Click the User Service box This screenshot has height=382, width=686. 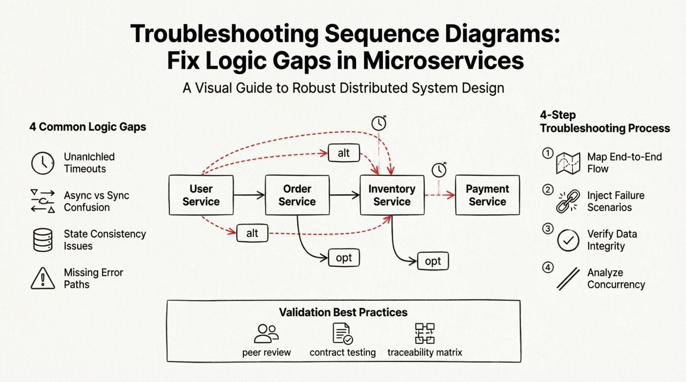[x=201, y=195]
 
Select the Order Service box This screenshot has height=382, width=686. [x=297, y=195]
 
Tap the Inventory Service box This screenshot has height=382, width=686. [x=392, y=195]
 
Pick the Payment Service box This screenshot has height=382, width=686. [x=487, y=195]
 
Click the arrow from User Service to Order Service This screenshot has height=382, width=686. [x=249, y=195]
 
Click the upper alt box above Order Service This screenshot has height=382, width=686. [x=344, y=153]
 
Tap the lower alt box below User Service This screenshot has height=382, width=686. [x=252, y=233]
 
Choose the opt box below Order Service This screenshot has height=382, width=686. [x=344, y=258]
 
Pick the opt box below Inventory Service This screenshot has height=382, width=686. [x=433, y=261]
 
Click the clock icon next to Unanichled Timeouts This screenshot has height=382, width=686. [x=43, y=163]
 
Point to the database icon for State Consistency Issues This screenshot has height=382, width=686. [x=43, y=240]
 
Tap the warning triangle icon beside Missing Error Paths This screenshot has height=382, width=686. [x=43, y=278]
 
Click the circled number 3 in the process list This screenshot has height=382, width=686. [x=547, y=228]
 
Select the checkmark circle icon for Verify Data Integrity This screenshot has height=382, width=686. [x=568, y=240]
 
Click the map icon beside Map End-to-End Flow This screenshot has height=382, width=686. [x=568, y=163]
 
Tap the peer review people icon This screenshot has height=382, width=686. [x=266, y=333]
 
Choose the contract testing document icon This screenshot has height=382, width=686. [x=342, y=333]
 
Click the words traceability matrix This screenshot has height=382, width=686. [x=425, y=352]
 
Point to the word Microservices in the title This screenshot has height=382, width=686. [x=443, y=61]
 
